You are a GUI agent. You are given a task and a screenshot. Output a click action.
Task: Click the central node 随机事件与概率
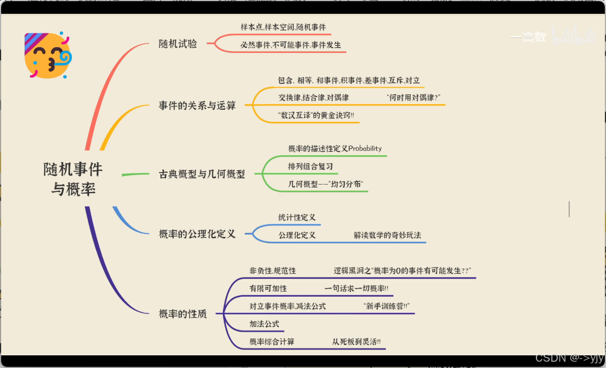pos(73,179)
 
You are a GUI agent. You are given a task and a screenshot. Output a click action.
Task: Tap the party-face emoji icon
pos(48,55)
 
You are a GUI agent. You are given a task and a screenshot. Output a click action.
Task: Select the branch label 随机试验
pos(177,44)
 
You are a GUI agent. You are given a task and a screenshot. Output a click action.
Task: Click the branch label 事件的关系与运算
pos(197,105)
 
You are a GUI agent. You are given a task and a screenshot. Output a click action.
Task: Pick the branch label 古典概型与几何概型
pos(202,174)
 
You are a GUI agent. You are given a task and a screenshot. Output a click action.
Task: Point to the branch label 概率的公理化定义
pos(197,234)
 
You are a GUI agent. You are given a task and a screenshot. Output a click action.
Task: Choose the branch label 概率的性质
pos(183,314)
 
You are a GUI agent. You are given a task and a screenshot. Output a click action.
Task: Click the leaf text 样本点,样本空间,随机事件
pos(283,27)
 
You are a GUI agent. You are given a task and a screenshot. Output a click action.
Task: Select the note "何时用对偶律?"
pos(414,98)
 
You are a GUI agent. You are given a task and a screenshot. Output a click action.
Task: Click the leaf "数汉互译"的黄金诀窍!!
pos(316,115)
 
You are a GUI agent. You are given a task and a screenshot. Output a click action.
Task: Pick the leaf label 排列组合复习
pos(310,167)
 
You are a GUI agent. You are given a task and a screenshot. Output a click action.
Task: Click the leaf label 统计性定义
pos(297,217)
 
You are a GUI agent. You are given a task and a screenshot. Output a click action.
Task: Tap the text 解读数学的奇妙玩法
pos(387,235)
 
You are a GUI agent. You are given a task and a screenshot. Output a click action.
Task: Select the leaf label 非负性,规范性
pos(272,271)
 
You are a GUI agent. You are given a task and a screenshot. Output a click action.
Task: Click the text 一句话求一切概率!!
pos(356,289)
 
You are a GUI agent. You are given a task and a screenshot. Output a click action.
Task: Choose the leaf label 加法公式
pos(264,324)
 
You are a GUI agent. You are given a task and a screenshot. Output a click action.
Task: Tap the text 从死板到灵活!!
pos(356,342)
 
